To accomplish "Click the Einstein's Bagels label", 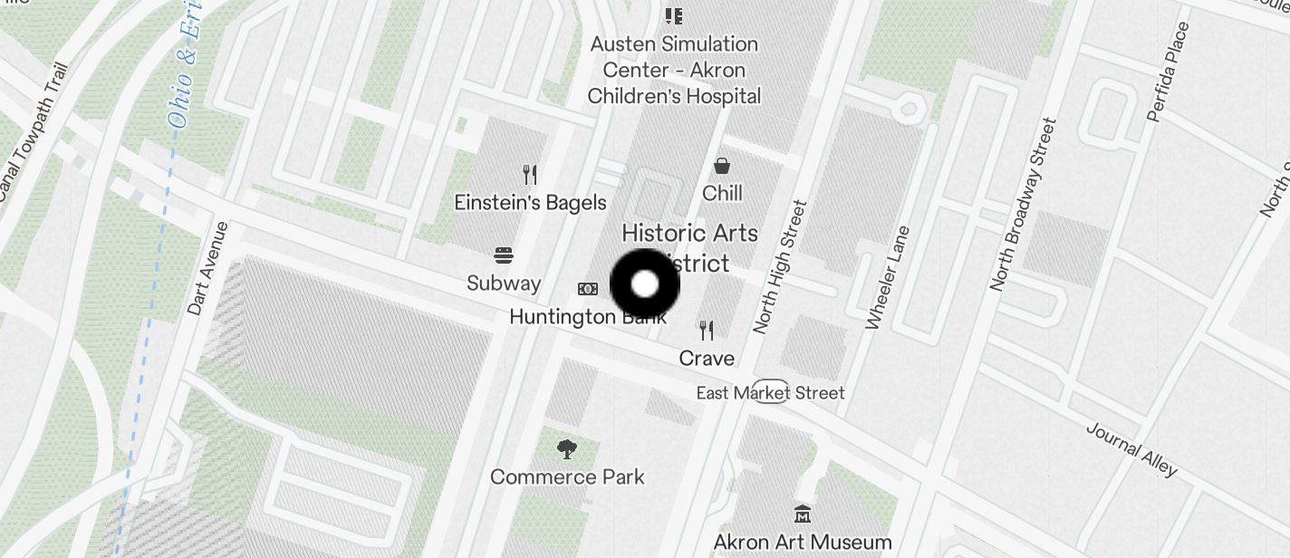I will tap(530, 202).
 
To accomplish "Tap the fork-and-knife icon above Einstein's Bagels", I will tap(530, 174).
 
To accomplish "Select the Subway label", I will tap(504, 283).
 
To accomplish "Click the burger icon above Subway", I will tap(504, 256).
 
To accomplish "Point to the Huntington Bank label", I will tap(587, 317).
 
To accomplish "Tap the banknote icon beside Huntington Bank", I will tap(588, 289).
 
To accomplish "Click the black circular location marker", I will tap(645, 284).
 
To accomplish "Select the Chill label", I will tap(722, 193).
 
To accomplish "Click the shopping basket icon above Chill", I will tap(722, 166).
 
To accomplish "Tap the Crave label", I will tap(707, 358).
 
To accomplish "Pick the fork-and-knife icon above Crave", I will tap(707, 331).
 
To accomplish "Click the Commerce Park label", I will tap(567, 476).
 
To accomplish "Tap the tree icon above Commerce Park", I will tap(567, 448).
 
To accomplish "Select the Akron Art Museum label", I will tap(803, 543).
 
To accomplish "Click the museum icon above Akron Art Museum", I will tap(803, 515).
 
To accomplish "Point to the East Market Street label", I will tap(770, 392).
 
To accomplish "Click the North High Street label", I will tap(779, 267).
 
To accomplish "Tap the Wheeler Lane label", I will tap(887, 277).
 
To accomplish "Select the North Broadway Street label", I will tap(1023, 205).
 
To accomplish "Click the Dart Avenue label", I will tap(208, 269).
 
